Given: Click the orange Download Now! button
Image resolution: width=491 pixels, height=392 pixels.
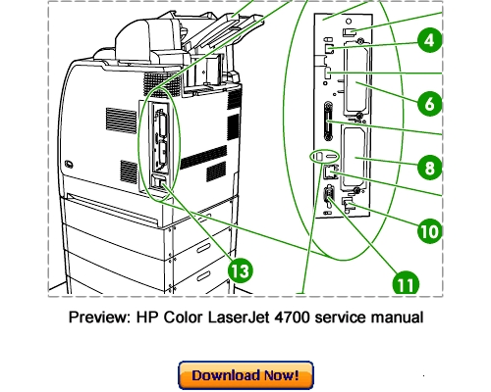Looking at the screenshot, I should [245, 375].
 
